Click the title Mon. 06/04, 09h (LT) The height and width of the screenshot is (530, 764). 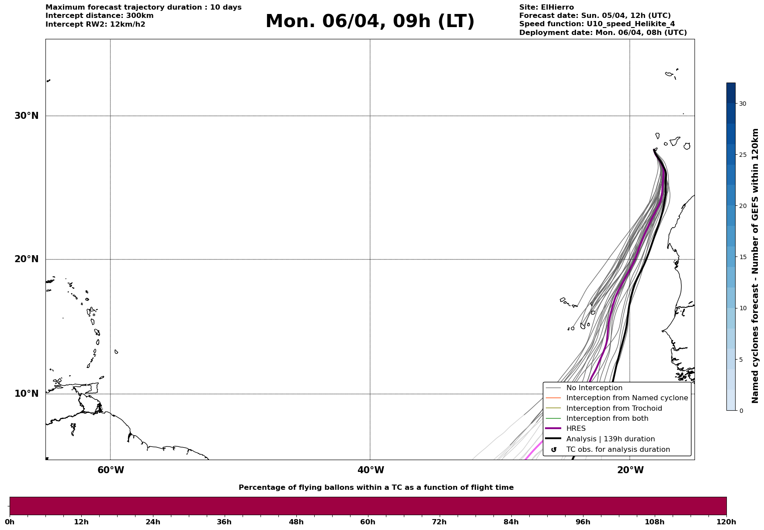point(370,21)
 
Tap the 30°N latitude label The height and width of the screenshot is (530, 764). point(27,116)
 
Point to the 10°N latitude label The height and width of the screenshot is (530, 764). point(27,394)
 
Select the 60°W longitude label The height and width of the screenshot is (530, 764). point(111,470)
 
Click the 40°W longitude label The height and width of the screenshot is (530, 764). point(371,470)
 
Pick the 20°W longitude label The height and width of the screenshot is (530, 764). point(630,470)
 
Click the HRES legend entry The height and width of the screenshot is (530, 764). point(576,429)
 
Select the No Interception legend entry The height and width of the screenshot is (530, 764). point(594,388)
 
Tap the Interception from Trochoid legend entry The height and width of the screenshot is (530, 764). point(614,409)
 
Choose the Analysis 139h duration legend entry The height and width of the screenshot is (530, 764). point(610,439)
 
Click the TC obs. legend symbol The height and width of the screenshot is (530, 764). point(554,450)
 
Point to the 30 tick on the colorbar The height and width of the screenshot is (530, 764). point(742,104)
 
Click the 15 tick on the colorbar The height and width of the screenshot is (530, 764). point(742,257)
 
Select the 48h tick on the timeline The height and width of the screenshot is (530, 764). point(296,522)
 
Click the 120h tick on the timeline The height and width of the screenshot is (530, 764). point(726,522)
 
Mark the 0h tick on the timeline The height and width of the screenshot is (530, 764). point(10,522)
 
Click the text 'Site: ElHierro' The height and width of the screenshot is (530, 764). point(546,7)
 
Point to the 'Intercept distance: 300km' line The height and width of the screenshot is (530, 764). point(100,16)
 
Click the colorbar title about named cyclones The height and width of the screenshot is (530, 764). point(755,266)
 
